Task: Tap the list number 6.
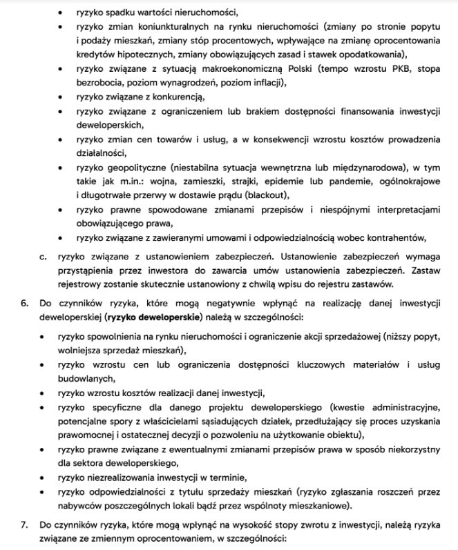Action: point(24,304)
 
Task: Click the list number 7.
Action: point(24,525)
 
